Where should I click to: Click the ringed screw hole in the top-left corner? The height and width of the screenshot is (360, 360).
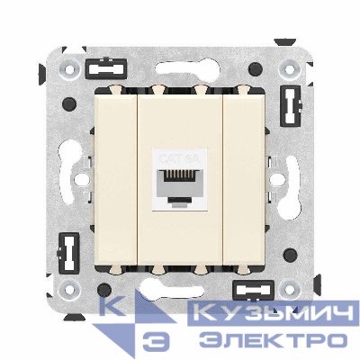point(68,67)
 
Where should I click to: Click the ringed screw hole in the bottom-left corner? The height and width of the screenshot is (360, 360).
point(68,290)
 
